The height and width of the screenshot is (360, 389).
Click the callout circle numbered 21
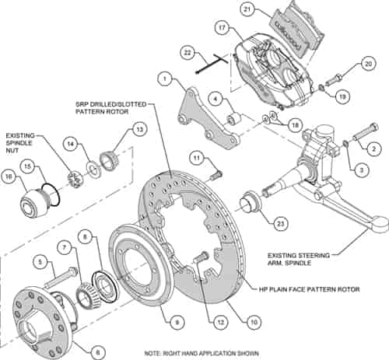(247, 10)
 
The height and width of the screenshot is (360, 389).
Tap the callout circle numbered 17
(222, 30)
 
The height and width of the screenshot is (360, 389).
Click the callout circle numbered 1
(164, 78)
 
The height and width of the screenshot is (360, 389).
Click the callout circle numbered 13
(139, 129)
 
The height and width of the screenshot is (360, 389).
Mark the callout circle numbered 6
(98, 351)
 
